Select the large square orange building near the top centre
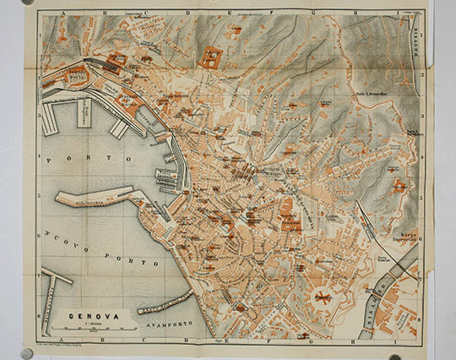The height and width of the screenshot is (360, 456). coord(209,57)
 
